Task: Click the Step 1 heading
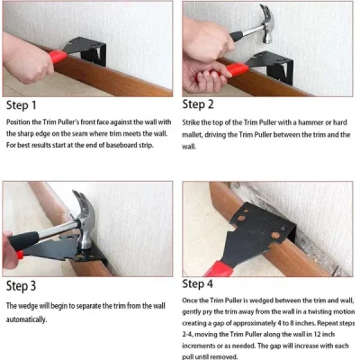coord(32,103)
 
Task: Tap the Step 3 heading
coord(32,287)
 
